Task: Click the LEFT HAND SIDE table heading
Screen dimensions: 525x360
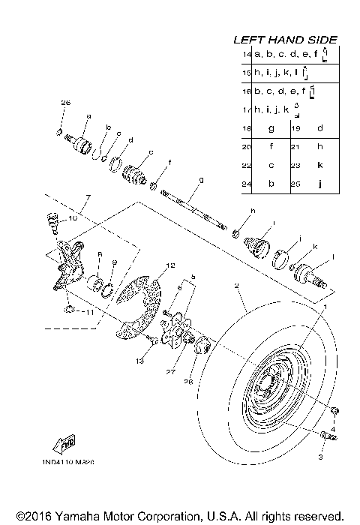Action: [285, 39]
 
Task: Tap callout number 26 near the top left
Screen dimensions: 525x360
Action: [65, 102]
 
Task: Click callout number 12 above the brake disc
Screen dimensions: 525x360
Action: [170, 265]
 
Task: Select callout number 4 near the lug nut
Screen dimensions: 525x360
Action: [332, 429]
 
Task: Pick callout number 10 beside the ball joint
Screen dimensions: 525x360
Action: [73, 219]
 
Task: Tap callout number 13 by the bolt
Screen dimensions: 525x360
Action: [138, 361]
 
